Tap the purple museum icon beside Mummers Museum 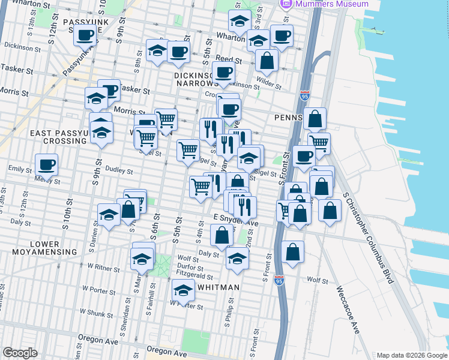[285, 4]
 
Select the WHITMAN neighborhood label [218, 287]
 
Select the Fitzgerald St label [194, 277]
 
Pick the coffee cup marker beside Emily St [47, 164]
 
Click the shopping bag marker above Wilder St [267, 61]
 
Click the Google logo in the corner [19, 353]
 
